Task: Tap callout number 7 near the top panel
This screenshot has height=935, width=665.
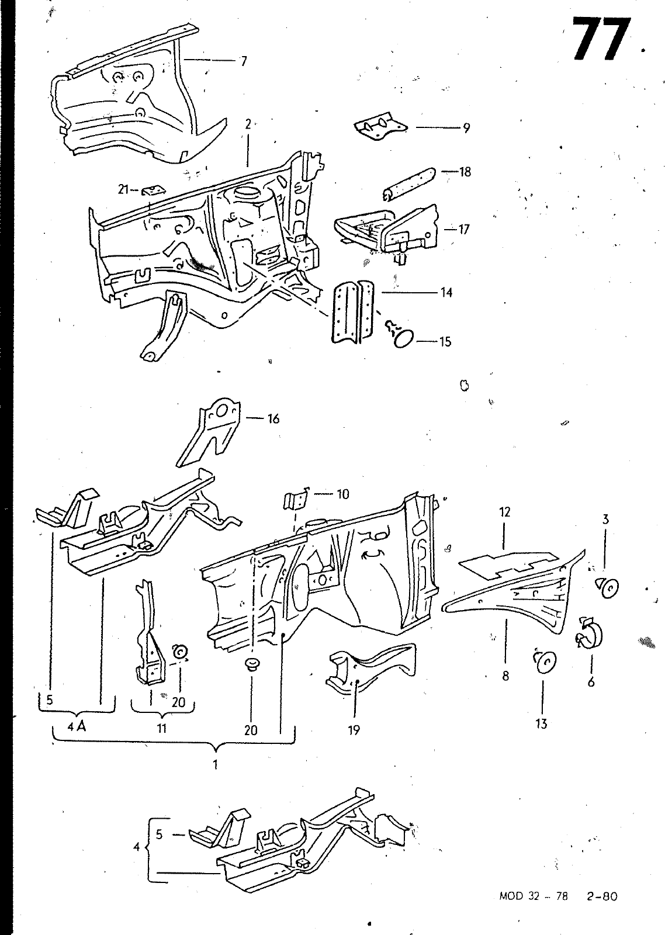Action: point(244,61)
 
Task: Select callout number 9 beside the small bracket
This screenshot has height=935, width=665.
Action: point(466,128)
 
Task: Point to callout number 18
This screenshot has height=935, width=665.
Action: point(465,172)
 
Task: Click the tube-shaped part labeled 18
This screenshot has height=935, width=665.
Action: point(409,183)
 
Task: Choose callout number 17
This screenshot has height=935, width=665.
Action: point(464,229)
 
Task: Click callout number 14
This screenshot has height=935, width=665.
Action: point(446,293)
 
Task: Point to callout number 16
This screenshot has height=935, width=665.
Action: point(273,418)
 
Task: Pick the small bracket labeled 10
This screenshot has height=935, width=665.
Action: point(296,500)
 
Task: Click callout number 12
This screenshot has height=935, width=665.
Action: point(505,512)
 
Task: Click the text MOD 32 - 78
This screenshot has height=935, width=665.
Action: point(534,896)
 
